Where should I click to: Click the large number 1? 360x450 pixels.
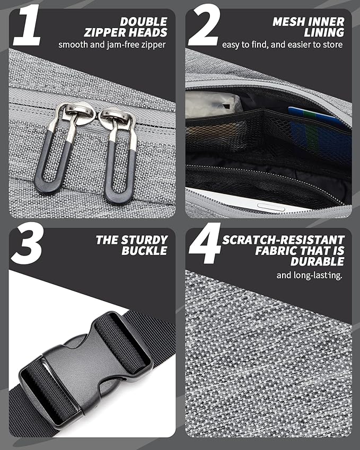(x=27, y=25)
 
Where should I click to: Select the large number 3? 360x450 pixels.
(x=27, y=243)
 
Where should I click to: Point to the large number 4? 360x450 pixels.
(x=205, y=243)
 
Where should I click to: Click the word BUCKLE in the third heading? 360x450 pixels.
(x=144, y=251)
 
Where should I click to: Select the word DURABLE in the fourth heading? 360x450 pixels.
(x=317, y=261)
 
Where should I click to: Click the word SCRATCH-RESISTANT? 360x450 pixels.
(x=283, y=240)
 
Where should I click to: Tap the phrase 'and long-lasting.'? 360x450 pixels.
(x=309, y=276)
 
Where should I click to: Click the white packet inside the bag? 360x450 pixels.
(x=214, y=105)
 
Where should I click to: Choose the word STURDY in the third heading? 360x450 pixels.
(x=144, y=240)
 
